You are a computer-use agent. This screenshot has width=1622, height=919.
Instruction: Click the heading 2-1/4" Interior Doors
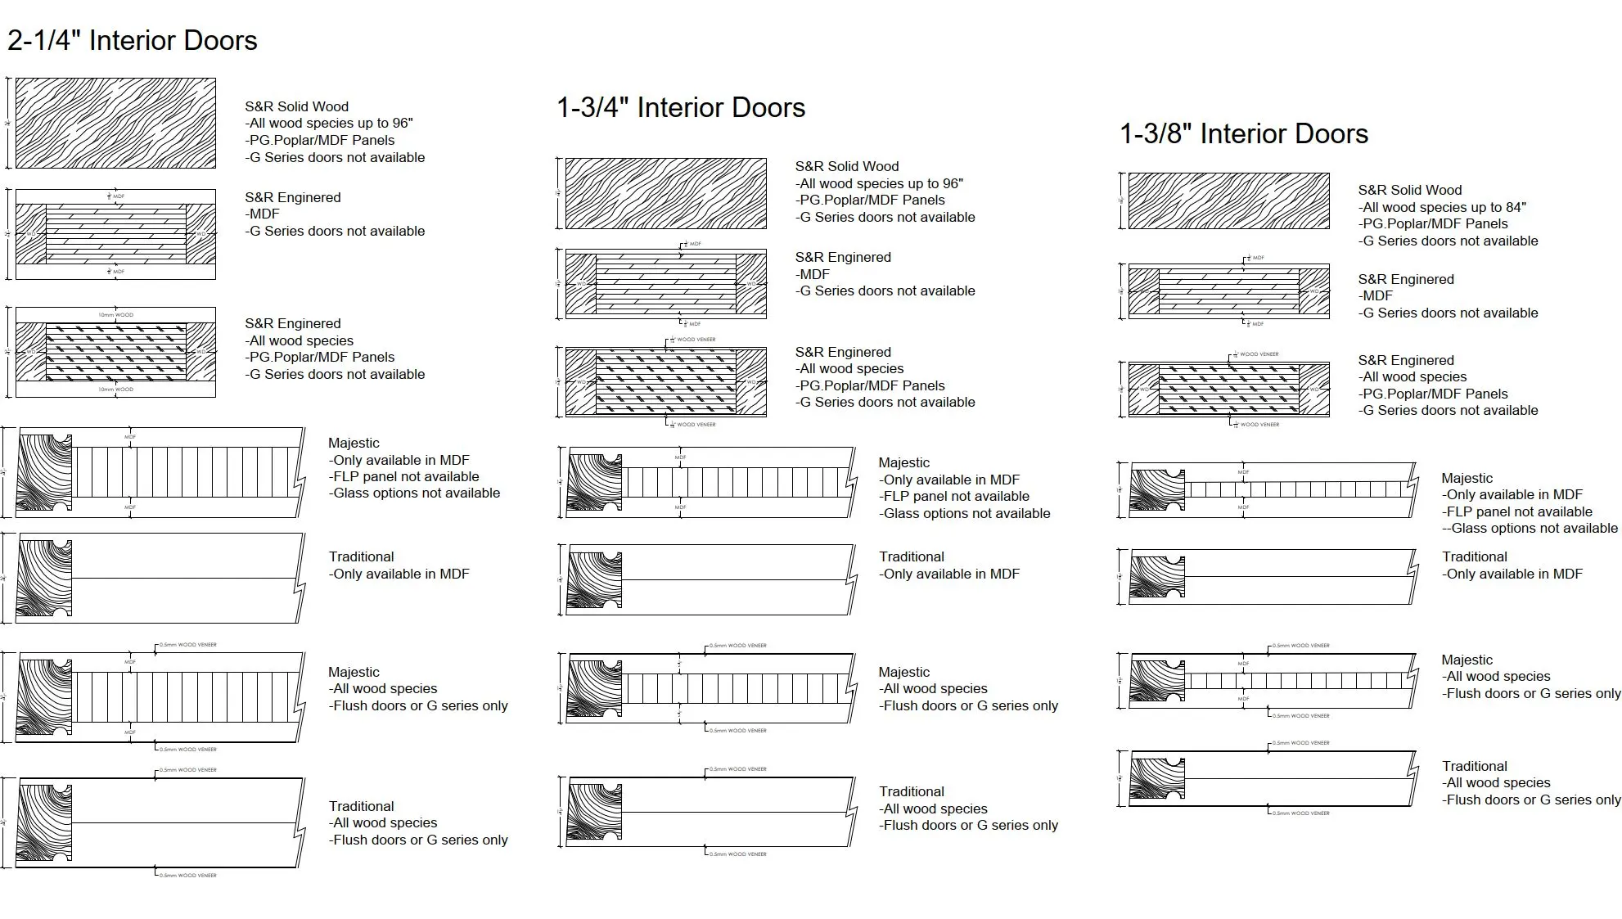tap(133, 40)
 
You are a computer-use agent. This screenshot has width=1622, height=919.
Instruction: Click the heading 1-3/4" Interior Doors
tap(681, 107)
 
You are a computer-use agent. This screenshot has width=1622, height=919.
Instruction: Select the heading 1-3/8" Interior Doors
tap(1244, 133)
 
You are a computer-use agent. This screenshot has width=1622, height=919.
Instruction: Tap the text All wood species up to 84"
tap(1443, 207)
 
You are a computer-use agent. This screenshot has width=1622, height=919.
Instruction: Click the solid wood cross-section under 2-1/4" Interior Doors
tap(115, 123)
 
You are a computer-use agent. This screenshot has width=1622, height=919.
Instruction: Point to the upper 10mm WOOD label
tap(115, 315)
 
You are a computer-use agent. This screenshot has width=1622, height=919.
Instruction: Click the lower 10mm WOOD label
tap(115, 390)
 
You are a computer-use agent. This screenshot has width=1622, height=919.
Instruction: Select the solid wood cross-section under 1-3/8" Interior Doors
tap(1228, 200)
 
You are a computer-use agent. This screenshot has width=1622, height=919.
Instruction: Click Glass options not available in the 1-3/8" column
tap(1530, 528)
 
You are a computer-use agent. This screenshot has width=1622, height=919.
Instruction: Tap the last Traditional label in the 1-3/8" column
tap(1474, 766)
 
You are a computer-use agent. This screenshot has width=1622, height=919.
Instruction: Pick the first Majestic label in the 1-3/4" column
tap(903, 462)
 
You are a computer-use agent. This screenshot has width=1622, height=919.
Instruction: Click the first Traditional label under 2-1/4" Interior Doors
tap(361, 556)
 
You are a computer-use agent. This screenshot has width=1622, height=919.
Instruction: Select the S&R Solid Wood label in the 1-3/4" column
tap(847, 166)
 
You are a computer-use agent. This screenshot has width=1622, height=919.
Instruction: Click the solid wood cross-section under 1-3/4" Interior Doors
tap(665, 193)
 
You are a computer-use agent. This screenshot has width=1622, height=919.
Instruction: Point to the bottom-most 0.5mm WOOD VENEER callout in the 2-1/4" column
tap(187, 876)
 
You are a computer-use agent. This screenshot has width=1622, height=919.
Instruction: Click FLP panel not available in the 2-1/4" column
tap(404, 476)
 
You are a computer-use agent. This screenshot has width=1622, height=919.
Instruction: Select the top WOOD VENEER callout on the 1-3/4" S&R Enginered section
tap(696, 339)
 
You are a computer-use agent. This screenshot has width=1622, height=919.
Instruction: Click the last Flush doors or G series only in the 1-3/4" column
tap(969, 825)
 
